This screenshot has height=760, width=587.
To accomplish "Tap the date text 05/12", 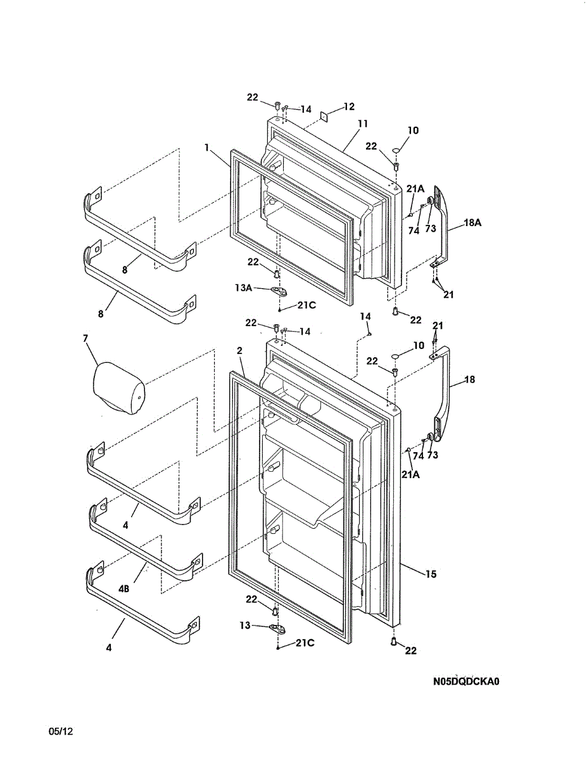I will [61, 731].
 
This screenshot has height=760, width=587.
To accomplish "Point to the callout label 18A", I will [472, 223].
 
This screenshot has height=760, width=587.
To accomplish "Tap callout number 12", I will [349, 106].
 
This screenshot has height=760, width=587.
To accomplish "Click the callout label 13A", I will [244, 287].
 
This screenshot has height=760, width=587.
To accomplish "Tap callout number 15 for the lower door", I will [431, 574].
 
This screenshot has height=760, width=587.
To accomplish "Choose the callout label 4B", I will [124, 588].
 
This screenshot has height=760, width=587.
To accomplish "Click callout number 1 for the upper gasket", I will [207, 147].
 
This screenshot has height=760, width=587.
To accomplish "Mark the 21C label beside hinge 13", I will [306, 643].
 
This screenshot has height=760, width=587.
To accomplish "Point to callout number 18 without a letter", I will [469, 379].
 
